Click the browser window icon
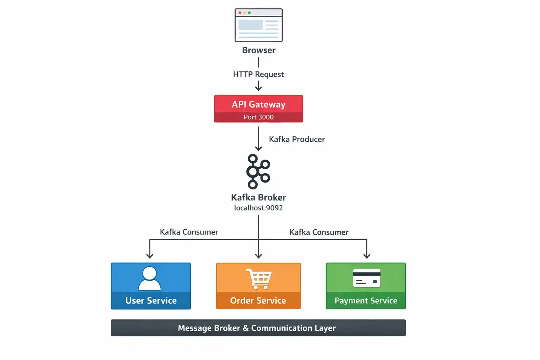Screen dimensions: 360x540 click(x=258, y=25)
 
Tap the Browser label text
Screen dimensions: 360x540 click(x=258, y=50)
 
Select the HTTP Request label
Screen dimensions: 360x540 click(x=258, y=75)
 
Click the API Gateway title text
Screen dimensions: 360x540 click(x=258, y=104)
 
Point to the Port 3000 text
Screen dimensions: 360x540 click(x=258, y=117)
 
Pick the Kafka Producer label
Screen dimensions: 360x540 click(x=297, y=139)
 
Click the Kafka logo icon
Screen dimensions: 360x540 click(x=258, y=172)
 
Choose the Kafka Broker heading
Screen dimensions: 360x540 click(x=258, y=197)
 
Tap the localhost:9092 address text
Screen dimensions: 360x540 click(x=258, y=208)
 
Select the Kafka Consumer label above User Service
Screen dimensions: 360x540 click(x=189, y=232)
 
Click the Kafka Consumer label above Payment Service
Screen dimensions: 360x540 click(x=319, y=232)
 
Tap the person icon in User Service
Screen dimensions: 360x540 click(x=150, y=278)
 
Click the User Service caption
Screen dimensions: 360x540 click(x=151, y=301)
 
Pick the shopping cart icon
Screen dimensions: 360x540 click(x=259, y=279)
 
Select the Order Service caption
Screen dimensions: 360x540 click(x=258, y=301)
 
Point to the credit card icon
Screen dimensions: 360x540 click(x=367, y=278)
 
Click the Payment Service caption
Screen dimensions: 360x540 click(x=366, y=301)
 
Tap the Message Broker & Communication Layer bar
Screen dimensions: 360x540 click(x=258, y=328)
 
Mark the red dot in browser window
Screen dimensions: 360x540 click(x=240, y=13)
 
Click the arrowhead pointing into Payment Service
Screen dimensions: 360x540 click(x=367, y=256)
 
